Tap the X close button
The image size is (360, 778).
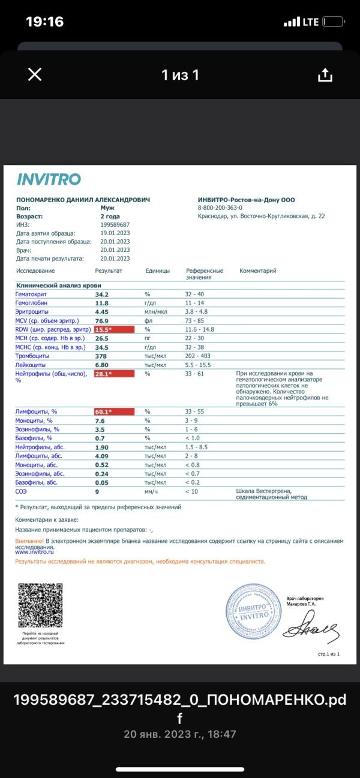pos(35,74)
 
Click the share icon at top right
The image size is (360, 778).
pos(325,74)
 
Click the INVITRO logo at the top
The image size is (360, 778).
pos(49,179)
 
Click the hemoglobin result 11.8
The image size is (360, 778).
pos(102,303)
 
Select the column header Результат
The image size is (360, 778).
pos(109,271)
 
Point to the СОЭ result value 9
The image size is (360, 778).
pos(97,491)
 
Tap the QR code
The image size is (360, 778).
pos(40,605)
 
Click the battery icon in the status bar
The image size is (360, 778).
pos(334,22)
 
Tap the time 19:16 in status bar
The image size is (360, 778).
pos(44,22)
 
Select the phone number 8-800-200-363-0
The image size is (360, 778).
pos(224,208)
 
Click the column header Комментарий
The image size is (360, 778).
pos(258,271)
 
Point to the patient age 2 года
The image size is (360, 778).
pos(110,216)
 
